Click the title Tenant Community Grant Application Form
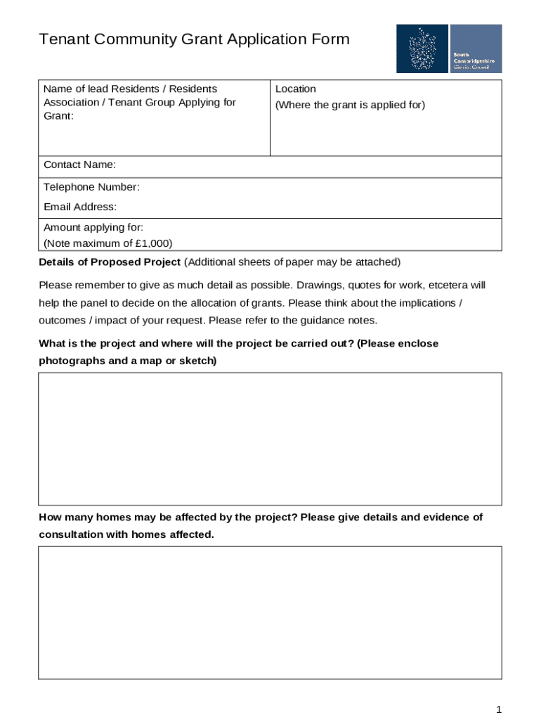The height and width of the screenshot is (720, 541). click(x=194, y=39)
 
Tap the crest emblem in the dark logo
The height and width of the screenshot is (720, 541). click(x=422, y=49)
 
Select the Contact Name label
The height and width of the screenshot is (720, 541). click(x=79, y=165)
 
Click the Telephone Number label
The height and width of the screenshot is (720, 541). click(x=91, y=187)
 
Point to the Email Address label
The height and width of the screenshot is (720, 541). click(x=80, y=207)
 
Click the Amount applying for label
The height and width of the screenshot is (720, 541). click(x=93, y=227)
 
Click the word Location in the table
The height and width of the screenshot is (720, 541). click(x=296, y=89)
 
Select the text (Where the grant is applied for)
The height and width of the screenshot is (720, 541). click(x=350, y=105)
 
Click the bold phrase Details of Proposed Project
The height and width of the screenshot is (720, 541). click(x=110, y=262)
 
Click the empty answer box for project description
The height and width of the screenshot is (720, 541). click(x=270, y=439)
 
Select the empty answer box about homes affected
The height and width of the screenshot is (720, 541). click(x=270, y=612)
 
